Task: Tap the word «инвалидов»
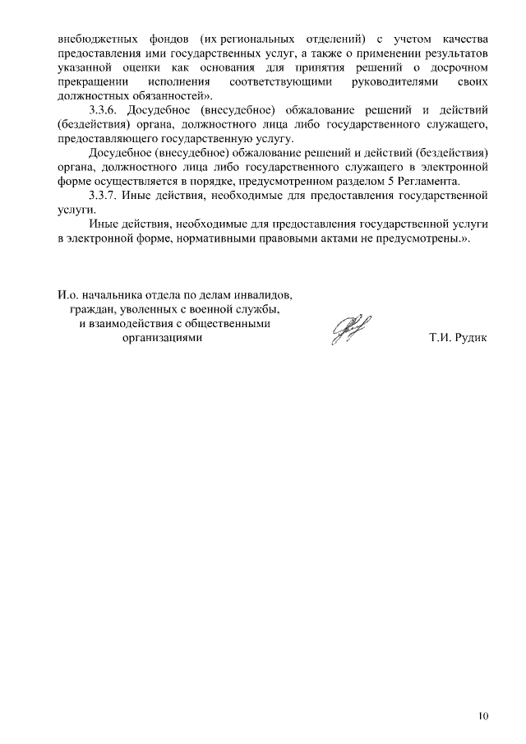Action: click(x=264, y=294)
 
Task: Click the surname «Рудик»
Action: click(x=472, y=337)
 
